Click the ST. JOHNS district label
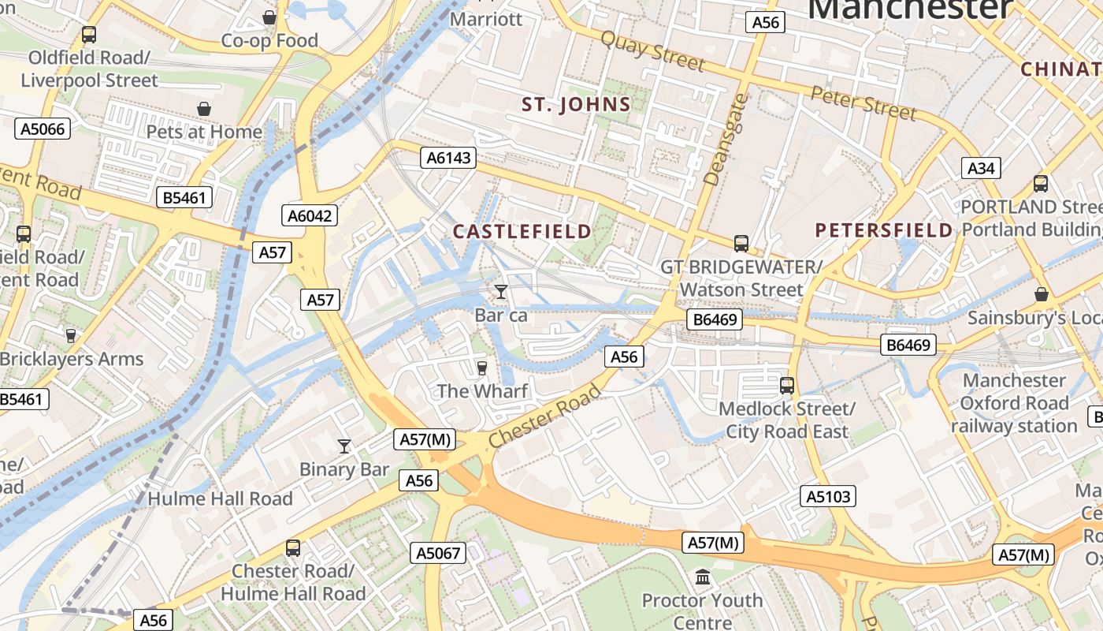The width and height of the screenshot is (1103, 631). point(577,105)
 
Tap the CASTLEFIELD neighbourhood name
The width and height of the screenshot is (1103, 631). point(522,231)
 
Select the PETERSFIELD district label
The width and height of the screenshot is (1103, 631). point(884,230)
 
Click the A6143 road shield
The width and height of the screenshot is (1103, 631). point(448,158)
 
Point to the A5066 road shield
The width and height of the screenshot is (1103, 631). point(43,129)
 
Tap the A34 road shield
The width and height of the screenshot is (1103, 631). point(981,168)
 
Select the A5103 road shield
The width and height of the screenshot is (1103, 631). point(828,496)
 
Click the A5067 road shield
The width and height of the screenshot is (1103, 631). point(438,553)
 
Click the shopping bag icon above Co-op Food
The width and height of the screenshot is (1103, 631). point(269,17)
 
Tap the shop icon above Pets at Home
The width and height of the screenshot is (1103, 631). point(204,108)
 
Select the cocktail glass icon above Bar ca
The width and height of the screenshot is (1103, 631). point(500,292)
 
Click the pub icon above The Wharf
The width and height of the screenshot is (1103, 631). point(482,368)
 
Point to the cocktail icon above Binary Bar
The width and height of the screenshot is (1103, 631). point(344,446)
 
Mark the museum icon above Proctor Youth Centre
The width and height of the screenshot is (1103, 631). point(703,577)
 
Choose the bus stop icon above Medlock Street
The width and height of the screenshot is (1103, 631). point(786,386)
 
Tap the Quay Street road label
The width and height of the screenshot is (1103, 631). point(652,50)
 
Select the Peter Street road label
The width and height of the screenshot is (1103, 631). point(863,103)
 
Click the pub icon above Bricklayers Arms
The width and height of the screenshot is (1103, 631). point(71,336)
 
